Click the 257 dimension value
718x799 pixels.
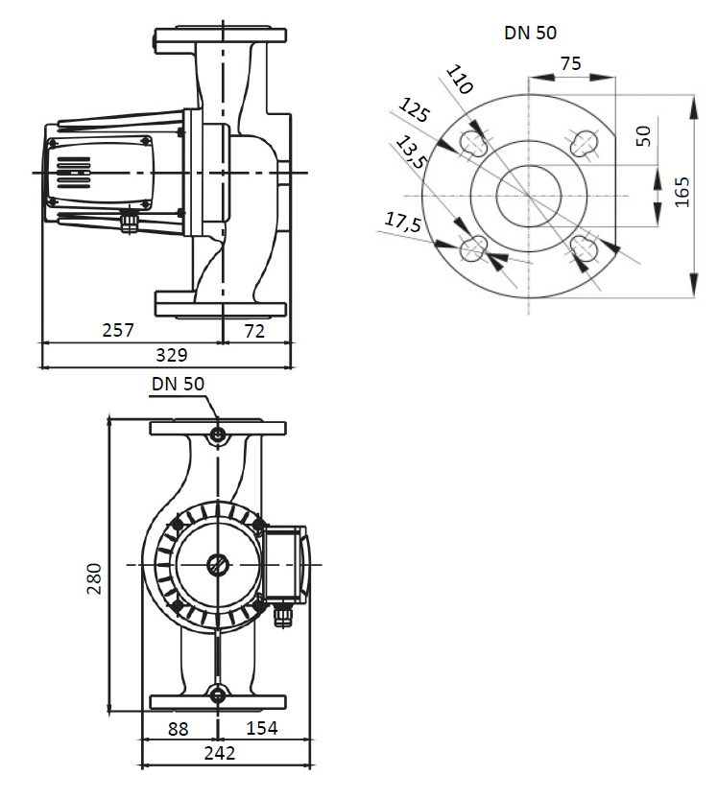118,330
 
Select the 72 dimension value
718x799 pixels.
254,330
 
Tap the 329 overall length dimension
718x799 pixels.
171,355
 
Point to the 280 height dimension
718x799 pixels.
94,578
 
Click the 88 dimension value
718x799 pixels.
178,729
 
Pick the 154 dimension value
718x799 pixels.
260,729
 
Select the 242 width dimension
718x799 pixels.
220,754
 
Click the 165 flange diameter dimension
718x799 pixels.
682,191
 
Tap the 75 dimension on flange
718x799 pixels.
570,63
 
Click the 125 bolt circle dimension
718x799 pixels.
415,111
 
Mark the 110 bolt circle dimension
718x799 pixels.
460,80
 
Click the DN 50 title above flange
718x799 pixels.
530,33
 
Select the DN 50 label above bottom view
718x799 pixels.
178,384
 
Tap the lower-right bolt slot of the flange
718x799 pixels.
584,248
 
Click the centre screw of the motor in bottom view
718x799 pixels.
219,565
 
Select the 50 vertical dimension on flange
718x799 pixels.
643,134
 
